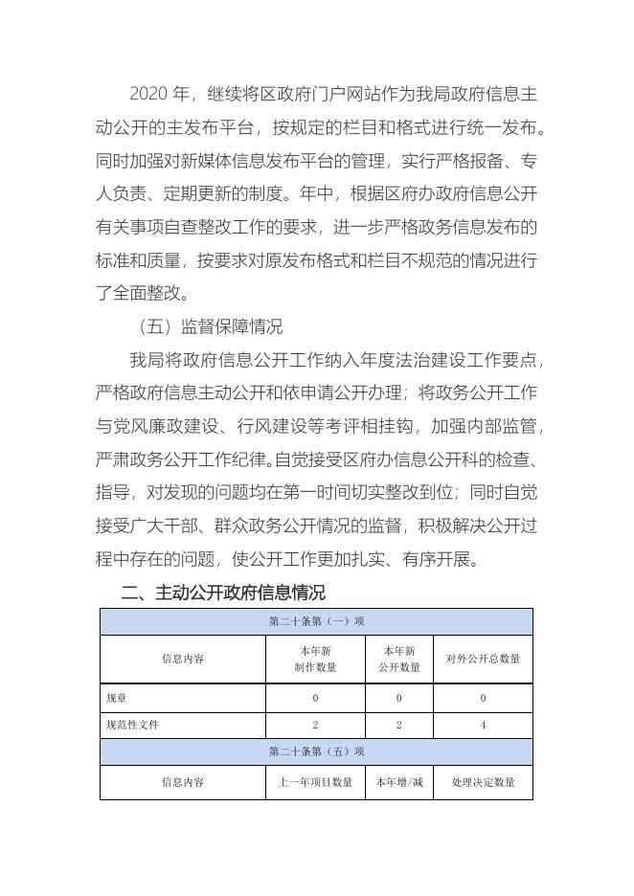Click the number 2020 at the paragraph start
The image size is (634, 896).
click(x=147, y=94)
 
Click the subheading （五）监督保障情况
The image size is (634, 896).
click(x=209, y=326)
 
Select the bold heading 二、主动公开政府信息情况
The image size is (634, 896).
click(x=223, y=593)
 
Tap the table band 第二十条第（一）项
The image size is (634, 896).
click(x=316, y=621)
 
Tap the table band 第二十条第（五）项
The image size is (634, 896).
click(x=316, y=751)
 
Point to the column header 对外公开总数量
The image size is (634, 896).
click(x=483, y=659)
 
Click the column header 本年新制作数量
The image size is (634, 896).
click(x=315, y=659)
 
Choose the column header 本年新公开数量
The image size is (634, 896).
click(x=399, y=659)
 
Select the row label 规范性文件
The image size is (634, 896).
click(x=133, y=725)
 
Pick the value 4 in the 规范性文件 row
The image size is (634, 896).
click(x=483, y=725)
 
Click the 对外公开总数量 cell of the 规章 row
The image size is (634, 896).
click(x=483, y=698)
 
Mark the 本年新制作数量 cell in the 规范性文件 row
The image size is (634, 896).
click(x=315, y=725)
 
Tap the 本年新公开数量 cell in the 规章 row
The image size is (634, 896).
click(x=399, y=698)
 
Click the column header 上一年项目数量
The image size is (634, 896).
click(x=315, y=782)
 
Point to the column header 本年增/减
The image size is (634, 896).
click(x=399, y=782)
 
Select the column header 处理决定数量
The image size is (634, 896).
click(x=483, y=782)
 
